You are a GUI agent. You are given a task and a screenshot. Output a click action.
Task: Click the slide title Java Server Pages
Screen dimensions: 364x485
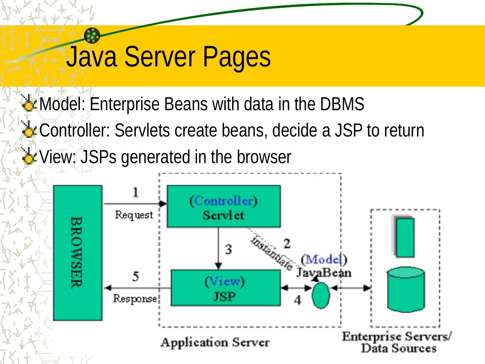168,57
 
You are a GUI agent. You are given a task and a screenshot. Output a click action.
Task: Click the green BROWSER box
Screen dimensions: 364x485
77,253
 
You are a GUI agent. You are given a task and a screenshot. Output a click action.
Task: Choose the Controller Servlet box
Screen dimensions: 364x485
224,206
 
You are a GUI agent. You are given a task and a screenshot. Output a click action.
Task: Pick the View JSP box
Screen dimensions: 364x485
225,288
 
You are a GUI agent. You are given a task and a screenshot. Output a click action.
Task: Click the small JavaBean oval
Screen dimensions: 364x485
321,295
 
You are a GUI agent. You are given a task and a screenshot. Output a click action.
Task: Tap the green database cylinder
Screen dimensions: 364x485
406,290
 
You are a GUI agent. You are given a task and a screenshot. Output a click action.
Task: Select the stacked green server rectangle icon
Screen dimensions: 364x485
404,237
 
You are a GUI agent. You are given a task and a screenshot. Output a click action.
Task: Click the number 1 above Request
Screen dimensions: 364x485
135,192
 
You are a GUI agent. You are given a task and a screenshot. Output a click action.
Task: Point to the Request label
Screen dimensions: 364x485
134,215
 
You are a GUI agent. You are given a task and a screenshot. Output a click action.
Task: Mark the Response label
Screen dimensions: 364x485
135,299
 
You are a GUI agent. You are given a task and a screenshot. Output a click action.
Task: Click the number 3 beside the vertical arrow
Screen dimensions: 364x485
229,250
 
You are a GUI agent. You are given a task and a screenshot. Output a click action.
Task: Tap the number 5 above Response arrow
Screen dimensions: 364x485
135,277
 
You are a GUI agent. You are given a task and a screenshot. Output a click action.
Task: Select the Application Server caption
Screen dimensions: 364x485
215,342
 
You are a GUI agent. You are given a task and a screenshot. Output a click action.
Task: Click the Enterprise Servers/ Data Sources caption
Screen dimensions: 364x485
397,342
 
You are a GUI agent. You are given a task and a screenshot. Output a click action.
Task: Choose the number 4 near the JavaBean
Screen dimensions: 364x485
297,300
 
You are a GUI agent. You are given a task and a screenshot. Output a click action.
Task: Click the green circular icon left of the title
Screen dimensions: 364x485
92,35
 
